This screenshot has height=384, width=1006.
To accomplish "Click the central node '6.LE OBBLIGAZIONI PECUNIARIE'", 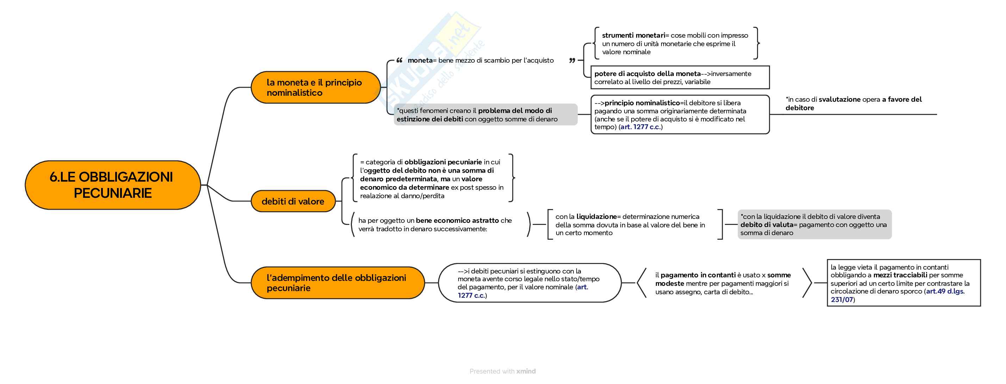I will tap(112, 185).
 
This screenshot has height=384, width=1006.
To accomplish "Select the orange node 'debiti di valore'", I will tap(293, 201).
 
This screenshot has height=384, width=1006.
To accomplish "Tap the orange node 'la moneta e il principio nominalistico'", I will tap(315, 87).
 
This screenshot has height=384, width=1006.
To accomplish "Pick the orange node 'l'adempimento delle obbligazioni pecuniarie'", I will tap(337, 283).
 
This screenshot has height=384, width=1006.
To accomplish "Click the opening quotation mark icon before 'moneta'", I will tap(399, 61).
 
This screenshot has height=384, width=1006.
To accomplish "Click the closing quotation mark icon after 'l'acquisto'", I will tap(572, 61).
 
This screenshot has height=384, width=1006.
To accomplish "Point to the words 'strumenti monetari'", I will tap(633, 36).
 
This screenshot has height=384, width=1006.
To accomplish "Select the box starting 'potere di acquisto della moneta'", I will tap(679, 78).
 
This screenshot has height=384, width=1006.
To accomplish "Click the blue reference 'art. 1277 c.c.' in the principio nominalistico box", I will tap(640, 127).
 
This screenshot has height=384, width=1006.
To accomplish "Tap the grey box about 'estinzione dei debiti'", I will tap(485, 115).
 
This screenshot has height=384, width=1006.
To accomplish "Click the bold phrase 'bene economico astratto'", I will tap(457, 220).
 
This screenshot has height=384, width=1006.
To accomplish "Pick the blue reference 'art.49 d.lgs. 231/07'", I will tap(945, 291).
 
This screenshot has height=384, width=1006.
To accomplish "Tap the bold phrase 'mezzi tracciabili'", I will tap(900, 275).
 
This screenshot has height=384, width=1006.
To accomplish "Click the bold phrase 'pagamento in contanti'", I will tap(698, 275).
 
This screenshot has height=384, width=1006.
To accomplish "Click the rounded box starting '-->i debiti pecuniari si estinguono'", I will tap(529, 283).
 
